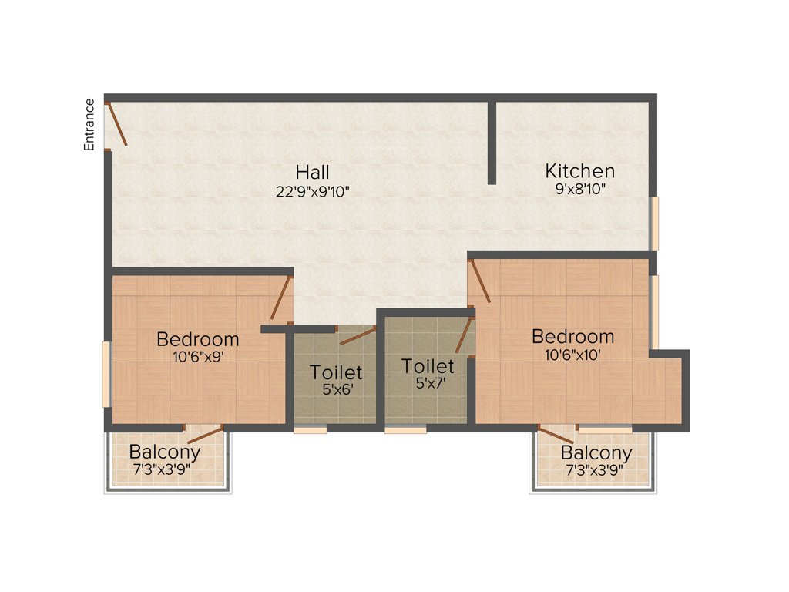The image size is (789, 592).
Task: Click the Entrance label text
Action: pyautogui.click(x=90, y=124)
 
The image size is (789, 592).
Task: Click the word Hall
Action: pyautogui.click(x=312, y=172)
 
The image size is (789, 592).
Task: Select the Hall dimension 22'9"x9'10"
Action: pyautogui.click(x=313, y=191)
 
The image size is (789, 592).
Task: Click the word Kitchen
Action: pyautogui.click(x=579, y=171)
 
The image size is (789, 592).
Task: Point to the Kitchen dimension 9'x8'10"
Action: pyautogui.click(x=580, y=190)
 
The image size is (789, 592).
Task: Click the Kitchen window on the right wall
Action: pyautogui.click(x=654, y=224)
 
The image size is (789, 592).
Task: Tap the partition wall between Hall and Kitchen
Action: pyautogui.click(x=492, y=143)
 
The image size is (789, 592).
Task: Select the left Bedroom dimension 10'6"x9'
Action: pyautogui.click(x=197, y=356)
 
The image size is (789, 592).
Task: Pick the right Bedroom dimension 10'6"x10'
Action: pyautogui.click(x=572, y=355)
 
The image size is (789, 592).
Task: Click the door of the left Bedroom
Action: pyautogui.click(x=280, y=298)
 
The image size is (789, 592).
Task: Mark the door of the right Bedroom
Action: pyautogui.click(x=479, y=281)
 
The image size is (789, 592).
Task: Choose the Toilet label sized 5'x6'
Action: pyautogui.click(x=336, y=372)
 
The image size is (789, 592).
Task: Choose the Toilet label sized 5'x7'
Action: pyautogui.click(x=428, y=366)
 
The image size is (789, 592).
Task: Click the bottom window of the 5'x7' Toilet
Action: pyautogui.click(x=405, y=429)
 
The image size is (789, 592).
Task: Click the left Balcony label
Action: pyautogui.click(x=165, y=452)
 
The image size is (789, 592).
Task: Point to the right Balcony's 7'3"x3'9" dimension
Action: pyautogui.click(x=596, y=469)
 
